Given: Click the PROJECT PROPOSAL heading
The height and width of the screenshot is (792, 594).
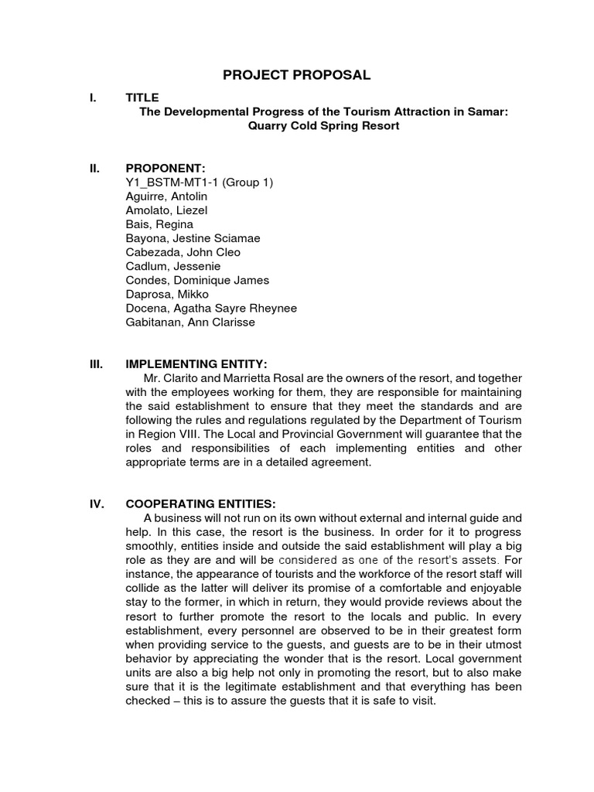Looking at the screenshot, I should coord(297,75).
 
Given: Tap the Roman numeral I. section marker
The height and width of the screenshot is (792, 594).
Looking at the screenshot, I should coord(93,97).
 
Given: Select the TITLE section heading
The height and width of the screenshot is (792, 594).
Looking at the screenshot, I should coord(142,97).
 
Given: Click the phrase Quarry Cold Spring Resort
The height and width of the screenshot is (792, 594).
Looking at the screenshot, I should coord(323,125).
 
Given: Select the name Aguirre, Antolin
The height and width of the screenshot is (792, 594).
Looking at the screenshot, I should coord(166,196).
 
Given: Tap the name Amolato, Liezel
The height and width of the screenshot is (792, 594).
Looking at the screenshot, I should coord(166,210).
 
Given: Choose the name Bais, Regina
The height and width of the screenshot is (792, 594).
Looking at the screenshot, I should coord(159,224).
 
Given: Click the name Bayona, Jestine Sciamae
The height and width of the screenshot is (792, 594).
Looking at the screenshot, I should coord(186,238).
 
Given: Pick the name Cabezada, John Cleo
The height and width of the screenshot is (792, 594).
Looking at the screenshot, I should coord(183,252).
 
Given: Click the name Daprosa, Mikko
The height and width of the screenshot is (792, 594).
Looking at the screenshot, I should coord(167,294).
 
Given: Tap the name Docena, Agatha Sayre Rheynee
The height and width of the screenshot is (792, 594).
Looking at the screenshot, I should coord(211,308).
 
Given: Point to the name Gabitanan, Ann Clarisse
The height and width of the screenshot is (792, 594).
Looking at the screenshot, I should coord(190,322).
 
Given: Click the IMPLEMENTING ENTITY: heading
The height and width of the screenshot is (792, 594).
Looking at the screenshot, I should coord(196,364).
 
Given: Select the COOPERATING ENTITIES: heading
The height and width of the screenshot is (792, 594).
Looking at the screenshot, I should coord(200,503).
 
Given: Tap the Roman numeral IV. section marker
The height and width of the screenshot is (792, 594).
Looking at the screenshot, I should coord(97,503).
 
